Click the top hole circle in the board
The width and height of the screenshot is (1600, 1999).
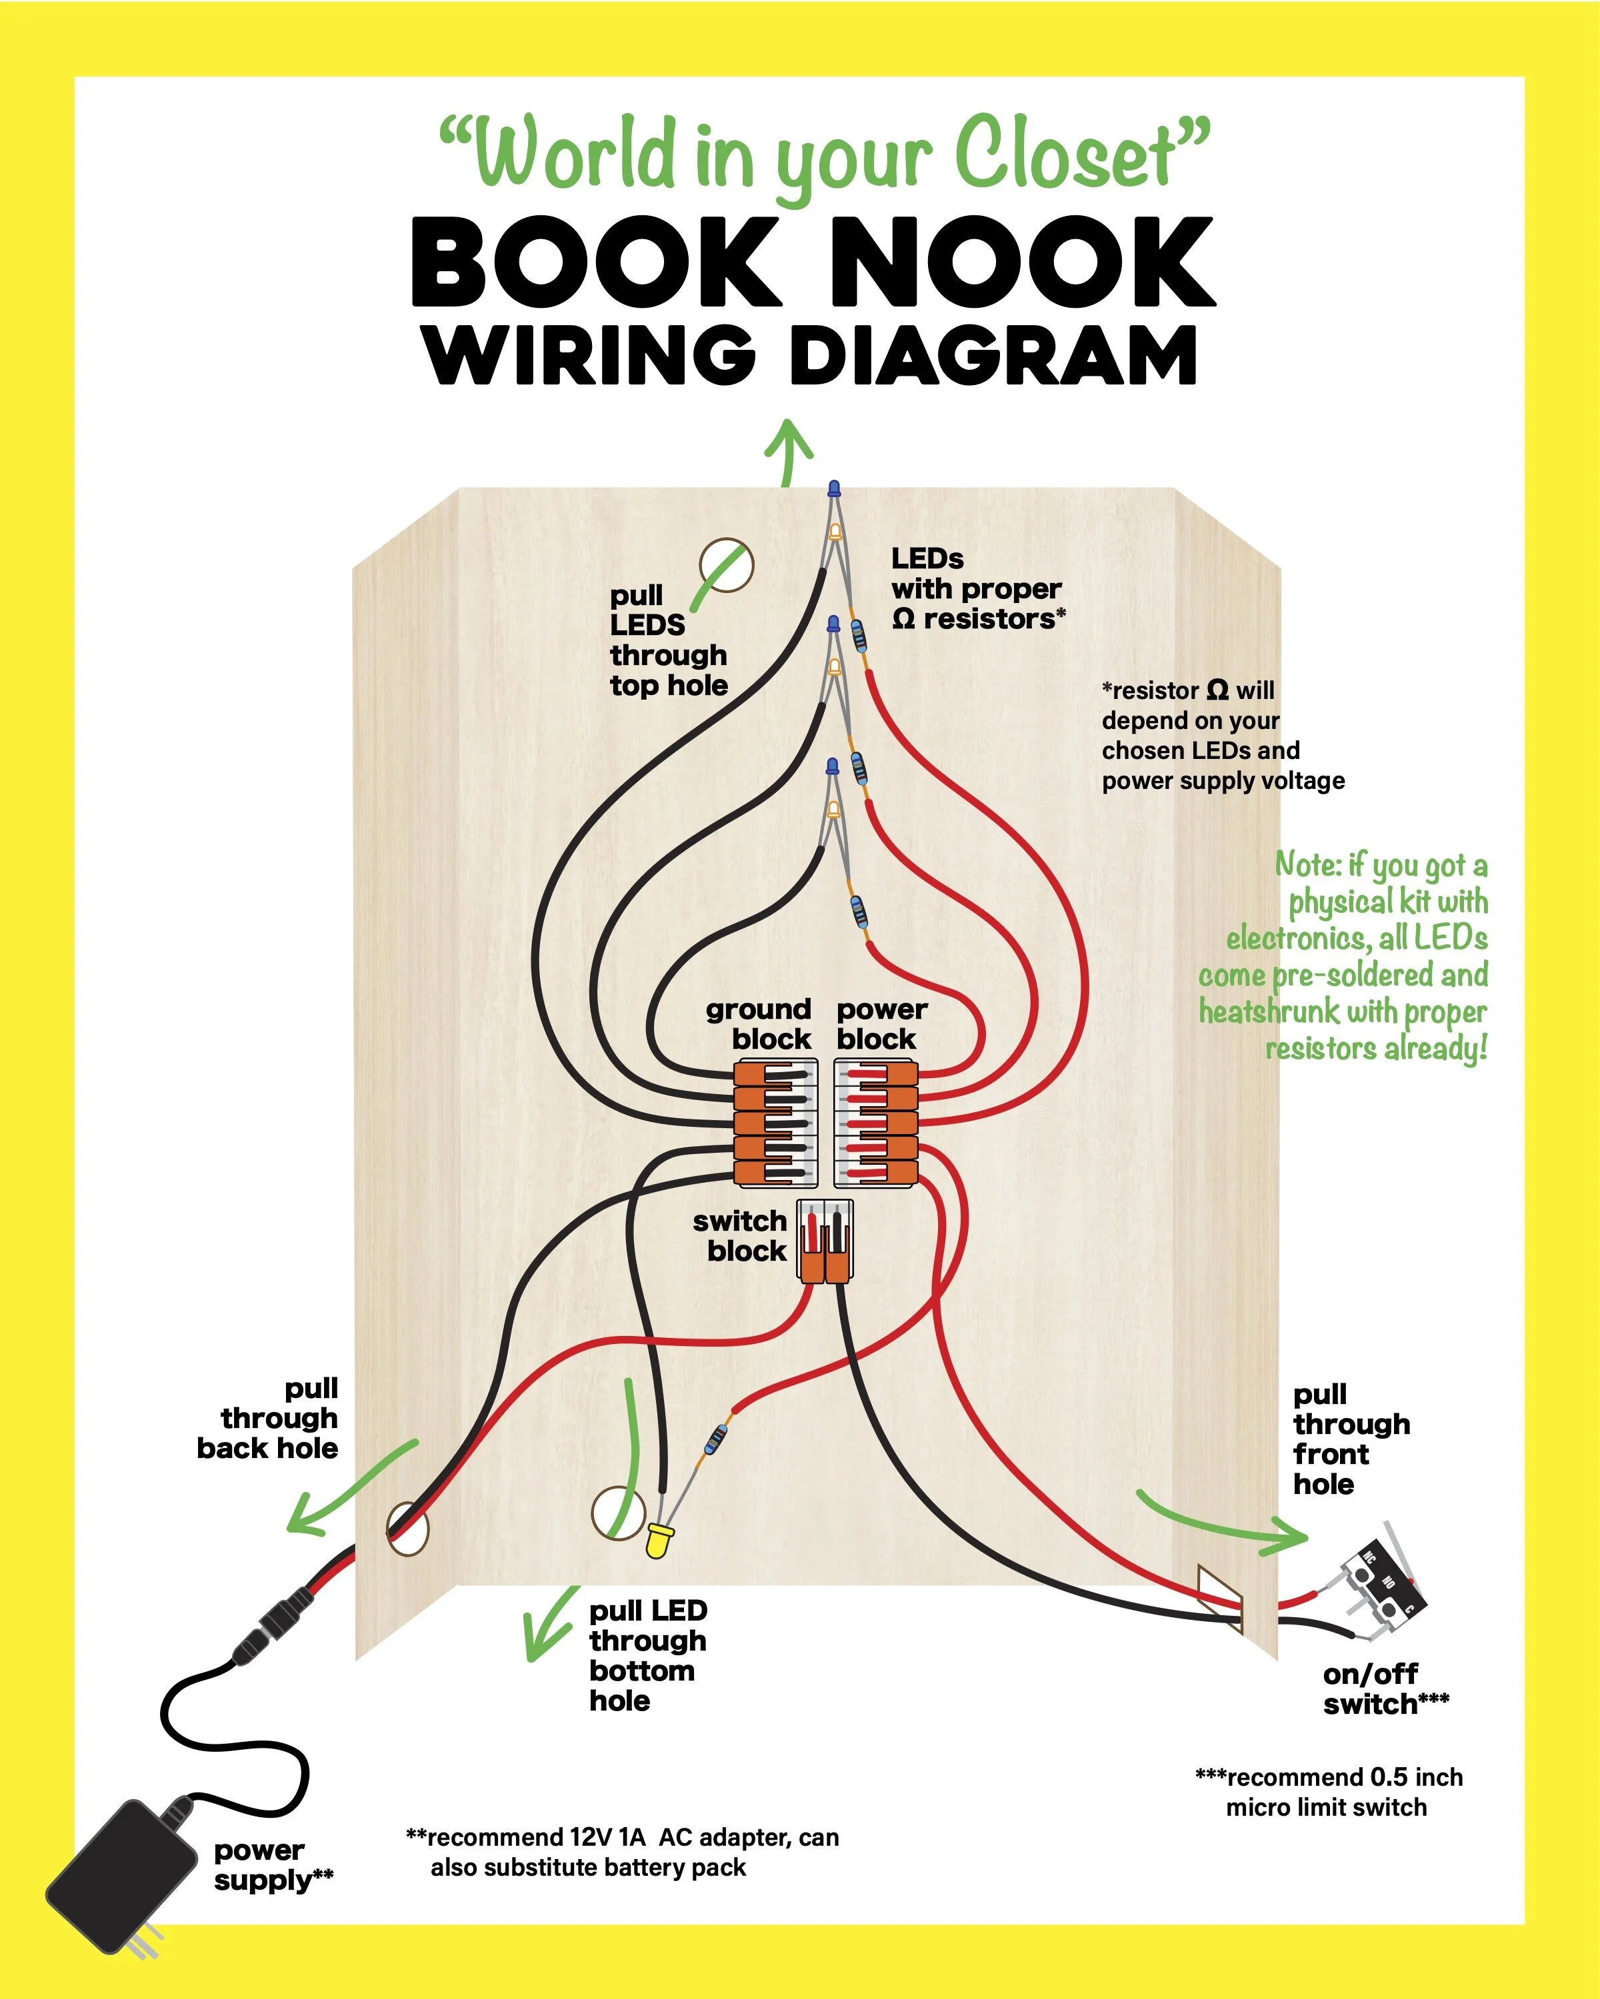point(726,564)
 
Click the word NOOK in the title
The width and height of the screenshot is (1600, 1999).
point(1020,263)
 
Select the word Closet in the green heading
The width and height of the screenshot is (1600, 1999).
point(1067,155)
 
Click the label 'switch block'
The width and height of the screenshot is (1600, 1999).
point(740,1236)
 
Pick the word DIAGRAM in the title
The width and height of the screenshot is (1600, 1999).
point(993,355)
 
